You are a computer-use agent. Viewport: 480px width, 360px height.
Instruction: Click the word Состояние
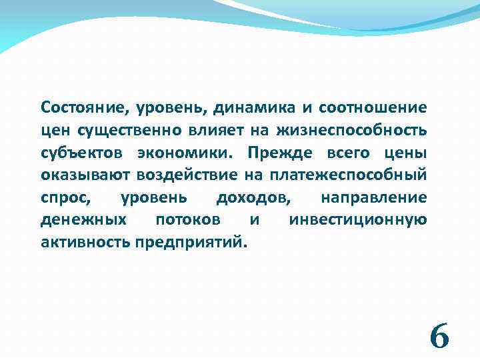point(81,107)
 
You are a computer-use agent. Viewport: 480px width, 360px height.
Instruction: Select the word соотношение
point(373,107)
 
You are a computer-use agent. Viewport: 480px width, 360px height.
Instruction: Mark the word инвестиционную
point(358,220)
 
